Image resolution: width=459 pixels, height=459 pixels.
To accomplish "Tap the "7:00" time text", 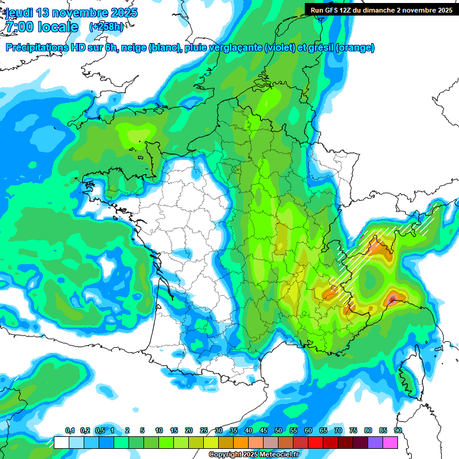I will point(18,27).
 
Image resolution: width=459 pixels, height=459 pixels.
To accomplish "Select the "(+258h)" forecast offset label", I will point(106,27).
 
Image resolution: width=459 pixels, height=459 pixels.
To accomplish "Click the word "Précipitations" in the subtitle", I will point(39,48).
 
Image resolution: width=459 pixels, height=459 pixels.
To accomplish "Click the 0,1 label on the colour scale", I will point(70,431).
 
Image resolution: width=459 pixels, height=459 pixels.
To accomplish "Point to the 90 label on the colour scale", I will point(398,431).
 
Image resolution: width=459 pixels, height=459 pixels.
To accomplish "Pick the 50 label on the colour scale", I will point(279,431).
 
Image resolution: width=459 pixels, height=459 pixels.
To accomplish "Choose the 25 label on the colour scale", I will point(204,431).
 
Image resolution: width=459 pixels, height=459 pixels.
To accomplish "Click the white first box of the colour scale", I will point(61,442).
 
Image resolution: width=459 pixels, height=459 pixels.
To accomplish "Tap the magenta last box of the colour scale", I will point(390,442).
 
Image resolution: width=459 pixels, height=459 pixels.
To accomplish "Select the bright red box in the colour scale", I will point(316,442).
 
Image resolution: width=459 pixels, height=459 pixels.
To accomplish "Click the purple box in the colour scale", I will point(375,442).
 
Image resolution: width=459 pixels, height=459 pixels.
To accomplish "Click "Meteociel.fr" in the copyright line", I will point(280,455).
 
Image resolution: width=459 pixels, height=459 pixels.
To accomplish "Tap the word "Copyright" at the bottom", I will point(225,455).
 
